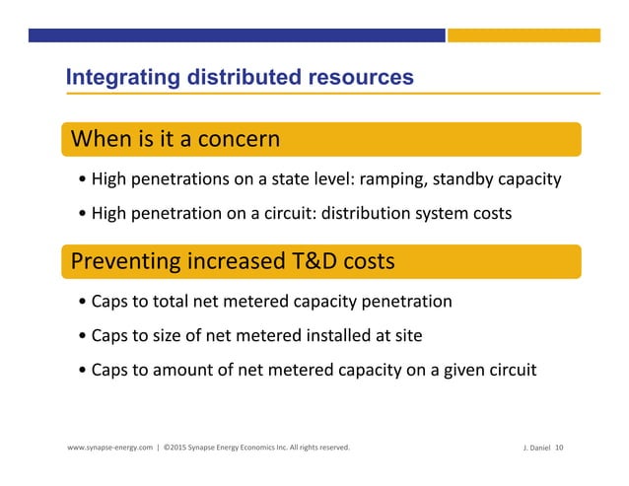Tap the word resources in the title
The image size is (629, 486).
coord(361,77)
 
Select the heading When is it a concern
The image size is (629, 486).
coord(174,139)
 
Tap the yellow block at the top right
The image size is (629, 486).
coord(524,35)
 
